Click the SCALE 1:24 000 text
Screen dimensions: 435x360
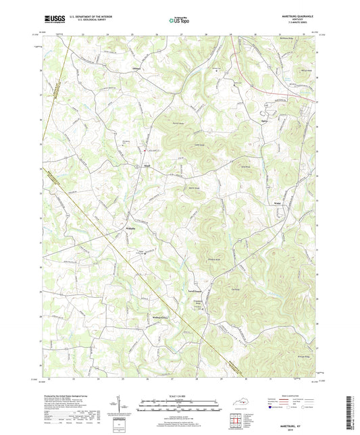point(179,395)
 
